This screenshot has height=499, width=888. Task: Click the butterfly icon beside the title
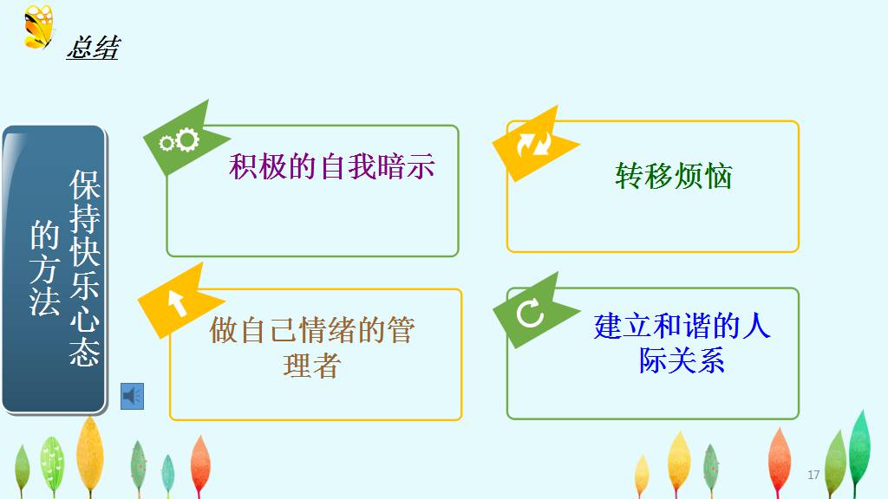(x=38, y=27)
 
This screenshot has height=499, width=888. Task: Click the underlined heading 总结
(x=94, y=48)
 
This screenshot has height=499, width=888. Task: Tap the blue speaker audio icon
(x=133, y=396)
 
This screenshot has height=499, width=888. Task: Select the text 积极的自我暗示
(x=332, y=166)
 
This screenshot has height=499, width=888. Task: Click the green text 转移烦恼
(x=673, y=175)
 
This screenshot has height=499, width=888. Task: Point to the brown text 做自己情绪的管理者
(x=312, y=347)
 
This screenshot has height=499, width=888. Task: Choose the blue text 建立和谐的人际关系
(x=682, y=343)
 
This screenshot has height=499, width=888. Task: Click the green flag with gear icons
(x=186, y=138)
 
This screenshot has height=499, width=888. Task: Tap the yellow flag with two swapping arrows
(x=534, y=144)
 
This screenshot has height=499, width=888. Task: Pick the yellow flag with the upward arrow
(x=180, y=301)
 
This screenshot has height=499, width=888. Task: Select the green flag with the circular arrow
(x=535, y=310)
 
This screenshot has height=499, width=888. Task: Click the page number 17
(x=813, y=475)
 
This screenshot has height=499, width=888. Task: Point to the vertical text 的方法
(x=45, y=269)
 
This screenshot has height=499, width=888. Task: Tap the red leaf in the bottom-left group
(x=200, y=465)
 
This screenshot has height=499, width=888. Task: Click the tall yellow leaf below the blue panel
(x=90, y=455)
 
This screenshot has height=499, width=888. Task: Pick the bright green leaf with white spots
(x=52, y=465)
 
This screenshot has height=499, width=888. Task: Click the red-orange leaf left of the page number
(x=780, y=461)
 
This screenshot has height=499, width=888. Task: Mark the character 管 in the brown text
(x=401, y=330)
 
